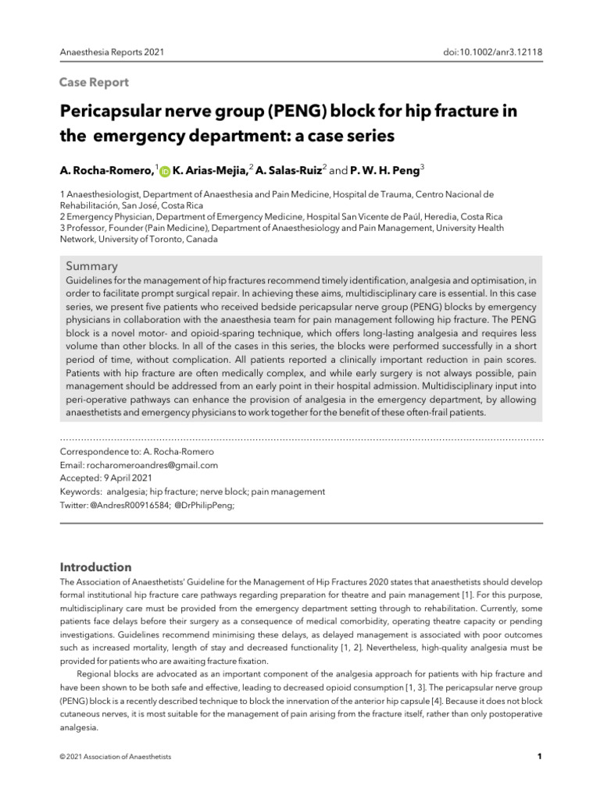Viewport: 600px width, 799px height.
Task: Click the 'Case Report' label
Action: (x=95, y=82)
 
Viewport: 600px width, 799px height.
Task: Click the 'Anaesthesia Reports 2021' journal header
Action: (x=112, y=52)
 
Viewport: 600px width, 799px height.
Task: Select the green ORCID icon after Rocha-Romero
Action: (x=165, y=170)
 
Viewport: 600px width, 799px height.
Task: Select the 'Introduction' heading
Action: (x=96, y=567)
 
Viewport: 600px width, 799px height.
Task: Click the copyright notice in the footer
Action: (x=116, y=757)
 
